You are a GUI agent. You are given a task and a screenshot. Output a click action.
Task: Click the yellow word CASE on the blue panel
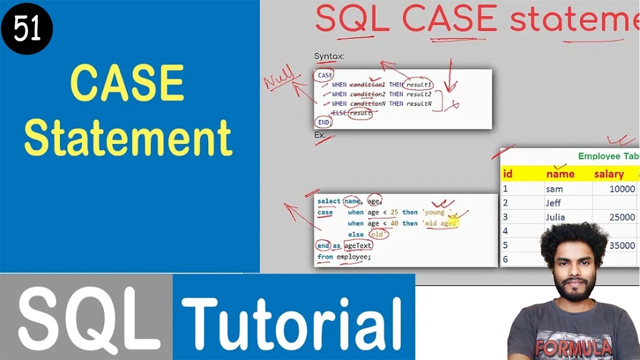click(x=127, y=83)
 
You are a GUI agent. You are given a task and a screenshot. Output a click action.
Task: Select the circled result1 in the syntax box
click(x=419, y=84)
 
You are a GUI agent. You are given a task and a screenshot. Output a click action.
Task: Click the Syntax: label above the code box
click(x=329, y=56)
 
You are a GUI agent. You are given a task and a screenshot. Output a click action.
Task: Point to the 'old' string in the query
click(x=378, y=234)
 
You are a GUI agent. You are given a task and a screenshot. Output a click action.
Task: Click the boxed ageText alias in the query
click(x=358, y=245)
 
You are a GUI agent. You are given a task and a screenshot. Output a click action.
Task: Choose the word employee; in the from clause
click(x=353, y=257)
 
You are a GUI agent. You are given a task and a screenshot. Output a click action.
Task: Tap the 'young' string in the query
click(x=434, y=212)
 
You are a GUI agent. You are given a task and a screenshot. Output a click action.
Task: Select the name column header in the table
click(x=560, y=174)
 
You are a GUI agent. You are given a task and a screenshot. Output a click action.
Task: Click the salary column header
click(x=608, y=174)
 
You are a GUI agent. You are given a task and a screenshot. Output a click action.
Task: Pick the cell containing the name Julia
click(x=555, y=217)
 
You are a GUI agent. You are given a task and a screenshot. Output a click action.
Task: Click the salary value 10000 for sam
click(x=622, y=189)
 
